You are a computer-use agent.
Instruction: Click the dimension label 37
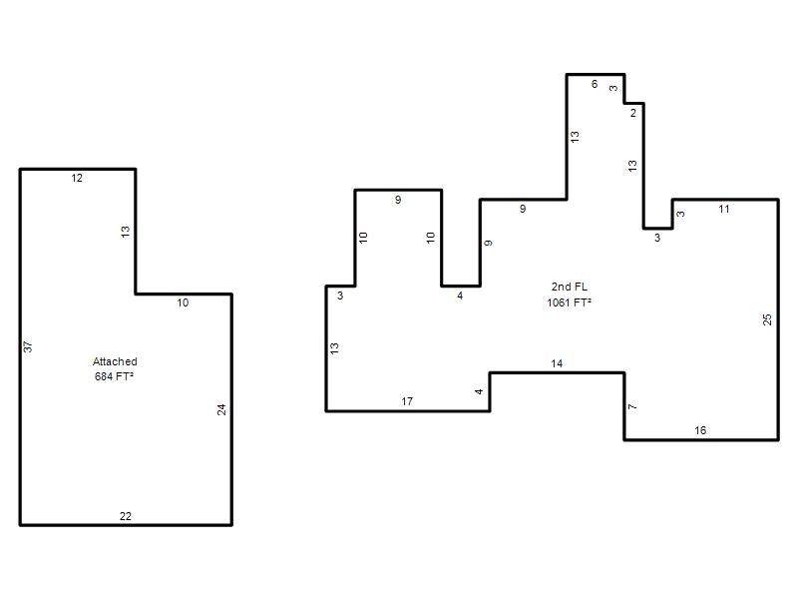(28, 346)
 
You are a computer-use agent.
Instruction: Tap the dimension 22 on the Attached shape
(126, 516)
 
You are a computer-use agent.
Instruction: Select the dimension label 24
(221, 409)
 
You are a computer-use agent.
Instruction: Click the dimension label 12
(77, 178)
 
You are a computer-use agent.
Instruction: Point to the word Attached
(115, 361)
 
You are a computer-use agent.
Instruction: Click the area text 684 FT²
(114, 376)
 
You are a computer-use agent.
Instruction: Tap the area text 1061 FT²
(569, 302)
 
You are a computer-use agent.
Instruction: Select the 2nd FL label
(569, 287)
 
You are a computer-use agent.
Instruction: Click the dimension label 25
(767, 319)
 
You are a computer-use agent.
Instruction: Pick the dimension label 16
(700, 431)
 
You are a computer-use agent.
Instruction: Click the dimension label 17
(407, 402)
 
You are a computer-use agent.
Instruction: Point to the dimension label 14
(557, 363)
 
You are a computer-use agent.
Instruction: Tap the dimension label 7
(632, 406)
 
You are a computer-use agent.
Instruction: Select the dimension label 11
(724, 209)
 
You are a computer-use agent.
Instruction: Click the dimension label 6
(595, 84)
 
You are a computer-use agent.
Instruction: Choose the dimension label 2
(633, 113)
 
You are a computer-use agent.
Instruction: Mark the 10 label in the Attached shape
(183, 303)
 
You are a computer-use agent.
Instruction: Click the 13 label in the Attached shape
(126, 232)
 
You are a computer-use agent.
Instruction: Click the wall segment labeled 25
(778, 319)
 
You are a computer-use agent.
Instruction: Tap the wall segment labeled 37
(20, 346)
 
